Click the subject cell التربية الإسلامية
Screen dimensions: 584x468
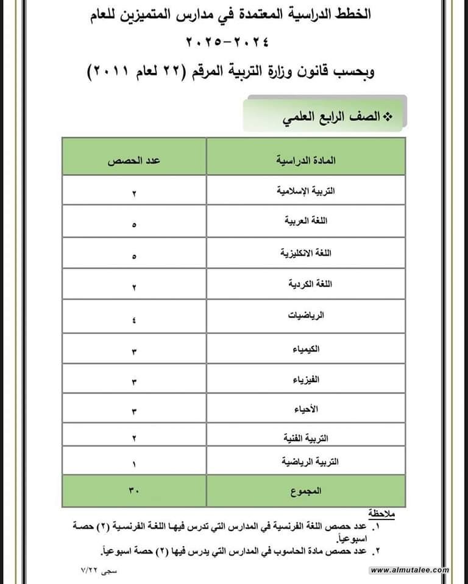coord(307,190)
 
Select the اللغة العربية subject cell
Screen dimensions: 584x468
coord(306,221)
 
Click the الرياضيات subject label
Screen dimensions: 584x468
coord(306,315)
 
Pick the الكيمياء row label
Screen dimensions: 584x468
coord(307,350)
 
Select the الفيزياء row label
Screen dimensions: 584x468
coord(306,380)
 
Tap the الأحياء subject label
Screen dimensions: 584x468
coord(307,409)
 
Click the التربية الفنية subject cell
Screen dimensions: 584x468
coord(307,438)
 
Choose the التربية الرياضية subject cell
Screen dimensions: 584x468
coord(306,462)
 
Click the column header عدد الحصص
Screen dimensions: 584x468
coord(134,161)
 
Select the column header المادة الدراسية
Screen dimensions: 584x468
coord(306,161)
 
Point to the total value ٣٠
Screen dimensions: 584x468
coord(134,490)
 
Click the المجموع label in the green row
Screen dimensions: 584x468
coord(306,490)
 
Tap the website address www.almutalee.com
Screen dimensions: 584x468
coord(409,570)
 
